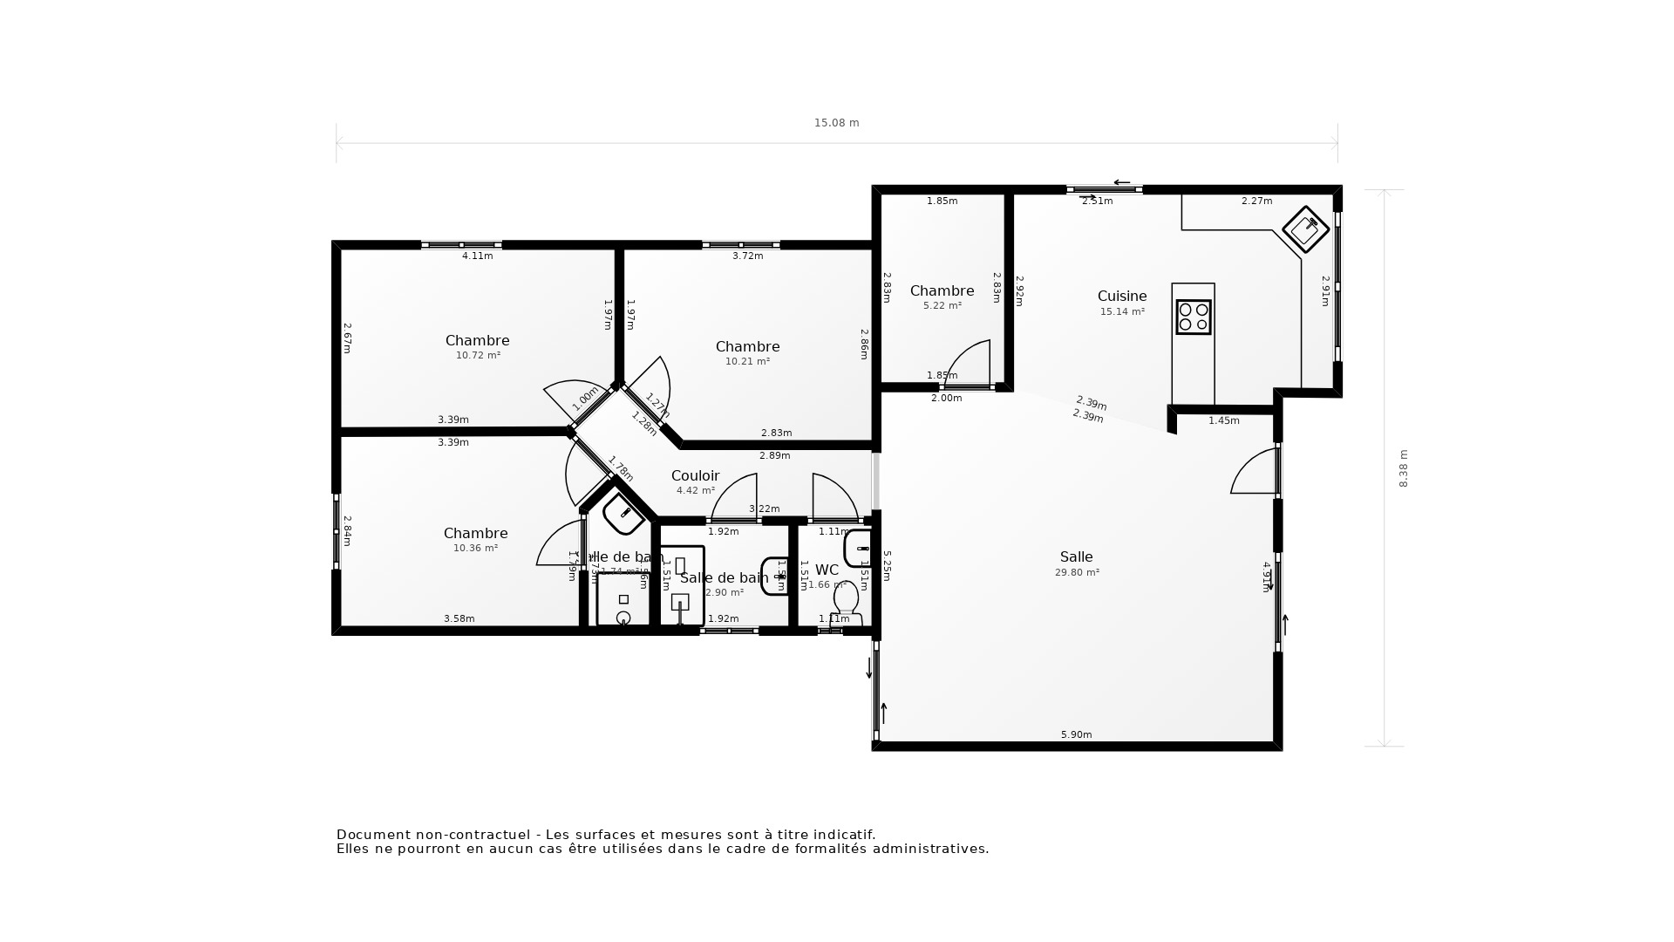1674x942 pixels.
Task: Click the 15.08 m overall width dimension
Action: [x=836, y=123]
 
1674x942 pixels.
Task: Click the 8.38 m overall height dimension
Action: [x=1404, y=468]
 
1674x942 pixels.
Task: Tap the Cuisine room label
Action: [x=1121, y=297]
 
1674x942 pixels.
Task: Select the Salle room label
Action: [x=1076, y=557]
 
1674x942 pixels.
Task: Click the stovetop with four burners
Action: [x=1193, y=317]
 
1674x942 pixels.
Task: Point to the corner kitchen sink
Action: [x=1305, y=229]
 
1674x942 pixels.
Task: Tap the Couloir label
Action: [x=695, y=476]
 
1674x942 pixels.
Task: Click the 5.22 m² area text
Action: [x=942, y=306]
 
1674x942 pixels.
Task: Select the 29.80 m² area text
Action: [x=1077, y=573]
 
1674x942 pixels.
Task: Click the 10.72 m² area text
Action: [x=478, y=356]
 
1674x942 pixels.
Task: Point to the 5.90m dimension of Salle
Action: [x=1076, y=734]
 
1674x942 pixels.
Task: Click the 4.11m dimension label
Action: [x=477, y=256]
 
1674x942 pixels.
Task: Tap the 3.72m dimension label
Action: [x=747, y=256]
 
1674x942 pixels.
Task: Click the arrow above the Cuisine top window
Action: [x=1121, y=183]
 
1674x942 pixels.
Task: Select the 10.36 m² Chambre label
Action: [x=475, y=534]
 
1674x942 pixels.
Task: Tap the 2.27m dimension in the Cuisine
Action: [x=1256, y=201]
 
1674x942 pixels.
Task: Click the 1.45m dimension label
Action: [x=1223, y=421]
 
